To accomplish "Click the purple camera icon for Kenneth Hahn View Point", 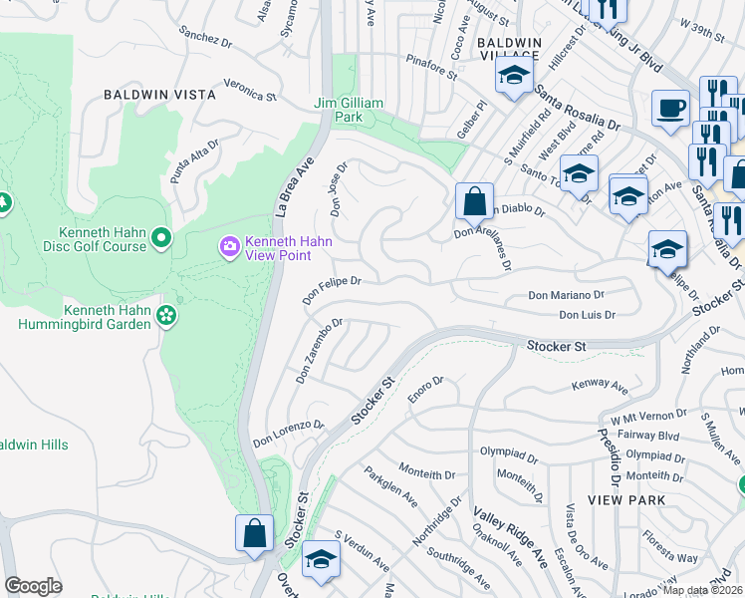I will click(x=230, y=245).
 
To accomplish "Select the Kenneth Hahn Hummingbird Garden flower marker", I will click(x=166, y=316).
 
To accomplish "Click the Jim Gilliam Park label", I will click(x=350, y=110).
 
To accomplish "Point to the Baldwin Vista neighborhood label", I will click(x=159, y=95).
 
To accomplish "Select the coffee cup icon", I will click(x=670, y=107).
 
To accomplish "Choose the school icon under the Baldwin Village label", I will click(x=514, y=76).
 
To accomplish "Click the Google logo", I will click(x=33, y=586).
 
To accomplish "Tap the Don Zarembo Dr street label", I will click(x=319, y=352).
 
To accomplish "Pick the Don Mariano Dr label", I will click(x=566, y=296).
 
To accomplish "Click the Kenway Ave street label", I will click(x=600, y=386).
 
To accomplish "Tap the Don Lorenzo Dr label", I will click(x=289, y=432).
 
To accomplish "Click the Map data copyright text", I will click(x=702, y=590).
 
